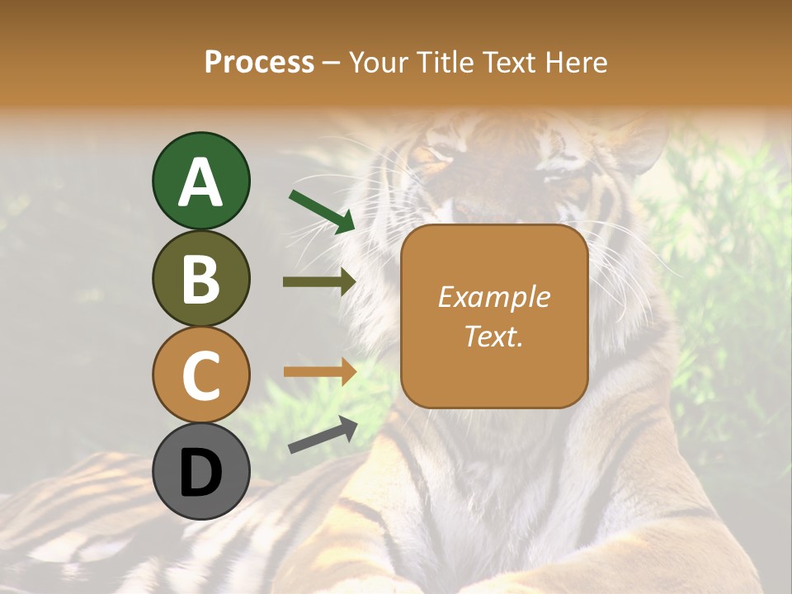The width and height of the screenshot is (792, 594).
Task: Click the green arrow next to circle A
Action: coord(322,211)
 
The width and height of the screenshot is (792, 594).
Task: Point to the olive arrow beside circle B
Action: coord(319,282)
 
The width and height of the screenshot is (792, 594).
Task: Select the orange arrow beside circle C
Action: coord(319,371)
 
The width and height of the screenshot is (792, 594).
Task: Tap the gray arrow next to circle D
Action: coord(323,435)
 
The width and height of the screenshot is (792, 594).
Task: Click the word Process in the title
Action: coord(259,63)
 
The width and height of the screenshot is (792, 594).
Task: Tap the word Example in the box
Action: coord(493,297)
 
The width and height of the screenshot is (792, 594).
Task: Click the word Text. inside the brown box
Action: coord(493,336)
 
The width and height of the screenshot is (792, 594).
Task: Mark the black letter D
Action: coord(200,474)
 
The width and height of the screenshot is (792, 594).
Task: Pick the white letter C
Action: coord(200,376)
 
